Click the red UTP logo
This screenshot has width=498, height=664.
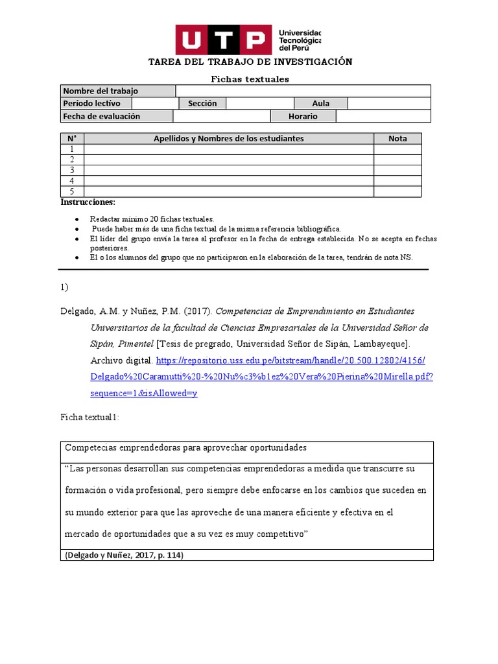coord(223,40)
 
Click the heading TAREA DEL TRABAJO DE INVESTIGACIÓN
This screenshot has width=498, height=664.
coord(250,62)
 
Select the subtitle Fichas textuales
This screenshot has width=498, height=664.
coord(250,79)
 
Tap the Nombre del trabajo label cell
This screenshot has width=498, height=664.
coord(118,91)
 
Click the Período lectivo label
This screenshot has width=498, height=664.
coord(96,103)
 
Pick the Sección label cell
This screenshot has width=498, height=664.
coord(202,103)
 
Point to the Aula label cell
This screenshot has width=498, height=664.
coord(320,103)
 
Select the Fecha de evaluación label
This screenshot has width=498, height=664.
coord(117,116)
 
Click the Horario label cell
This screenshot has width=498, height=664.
coord(303,116)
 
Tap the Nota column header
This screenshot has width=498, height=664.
coord(397,138)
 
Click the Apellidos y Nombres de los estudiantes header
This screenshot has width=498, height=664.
coord(228,138)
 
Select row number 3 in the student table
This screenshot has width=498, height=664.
coord(72,170)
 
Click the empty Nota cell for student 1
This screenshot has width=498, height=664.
coord(397,149)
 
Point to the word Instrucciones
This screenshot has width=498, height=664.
coord(88,202)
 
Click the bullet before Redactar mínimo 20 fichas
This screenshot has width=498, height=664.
coord(77,220)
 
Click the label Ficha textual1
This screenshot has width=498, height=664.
coord(89,418)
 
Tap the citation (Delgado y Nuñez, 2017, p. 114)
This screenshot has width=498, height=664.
coord(123,555)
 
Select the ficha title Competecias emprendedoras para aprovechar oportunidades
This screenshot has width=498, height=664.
coord(185,448)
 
